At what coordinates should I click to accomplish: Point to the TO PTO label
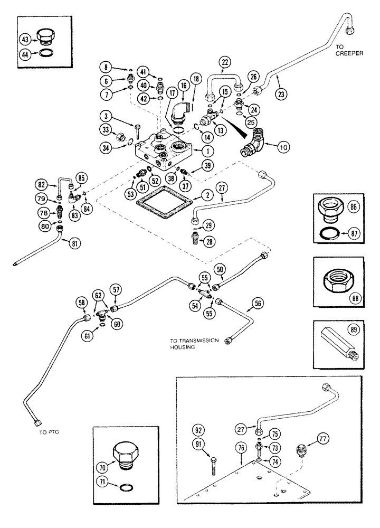click(48, 431)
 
